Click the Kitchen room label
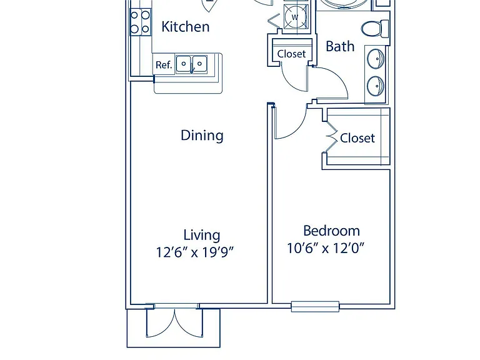186,27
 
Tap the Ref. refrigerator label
164,64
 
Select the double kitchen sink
192,64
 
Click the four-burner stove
141,22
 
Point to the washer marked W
295,17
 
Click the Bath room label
340,46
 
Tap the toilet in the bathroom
375,29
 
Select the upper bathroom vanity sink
376,58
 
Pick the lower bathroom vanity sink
376,86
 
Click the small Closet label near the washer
291,54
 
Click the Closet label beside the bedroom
357,138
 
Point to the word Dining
202,135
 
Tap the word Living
202,236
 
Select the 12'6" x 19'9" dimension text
195,252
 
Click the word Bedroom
331,231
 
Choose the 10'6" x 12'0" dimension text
326,248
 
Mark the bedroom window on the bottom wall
315,306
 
